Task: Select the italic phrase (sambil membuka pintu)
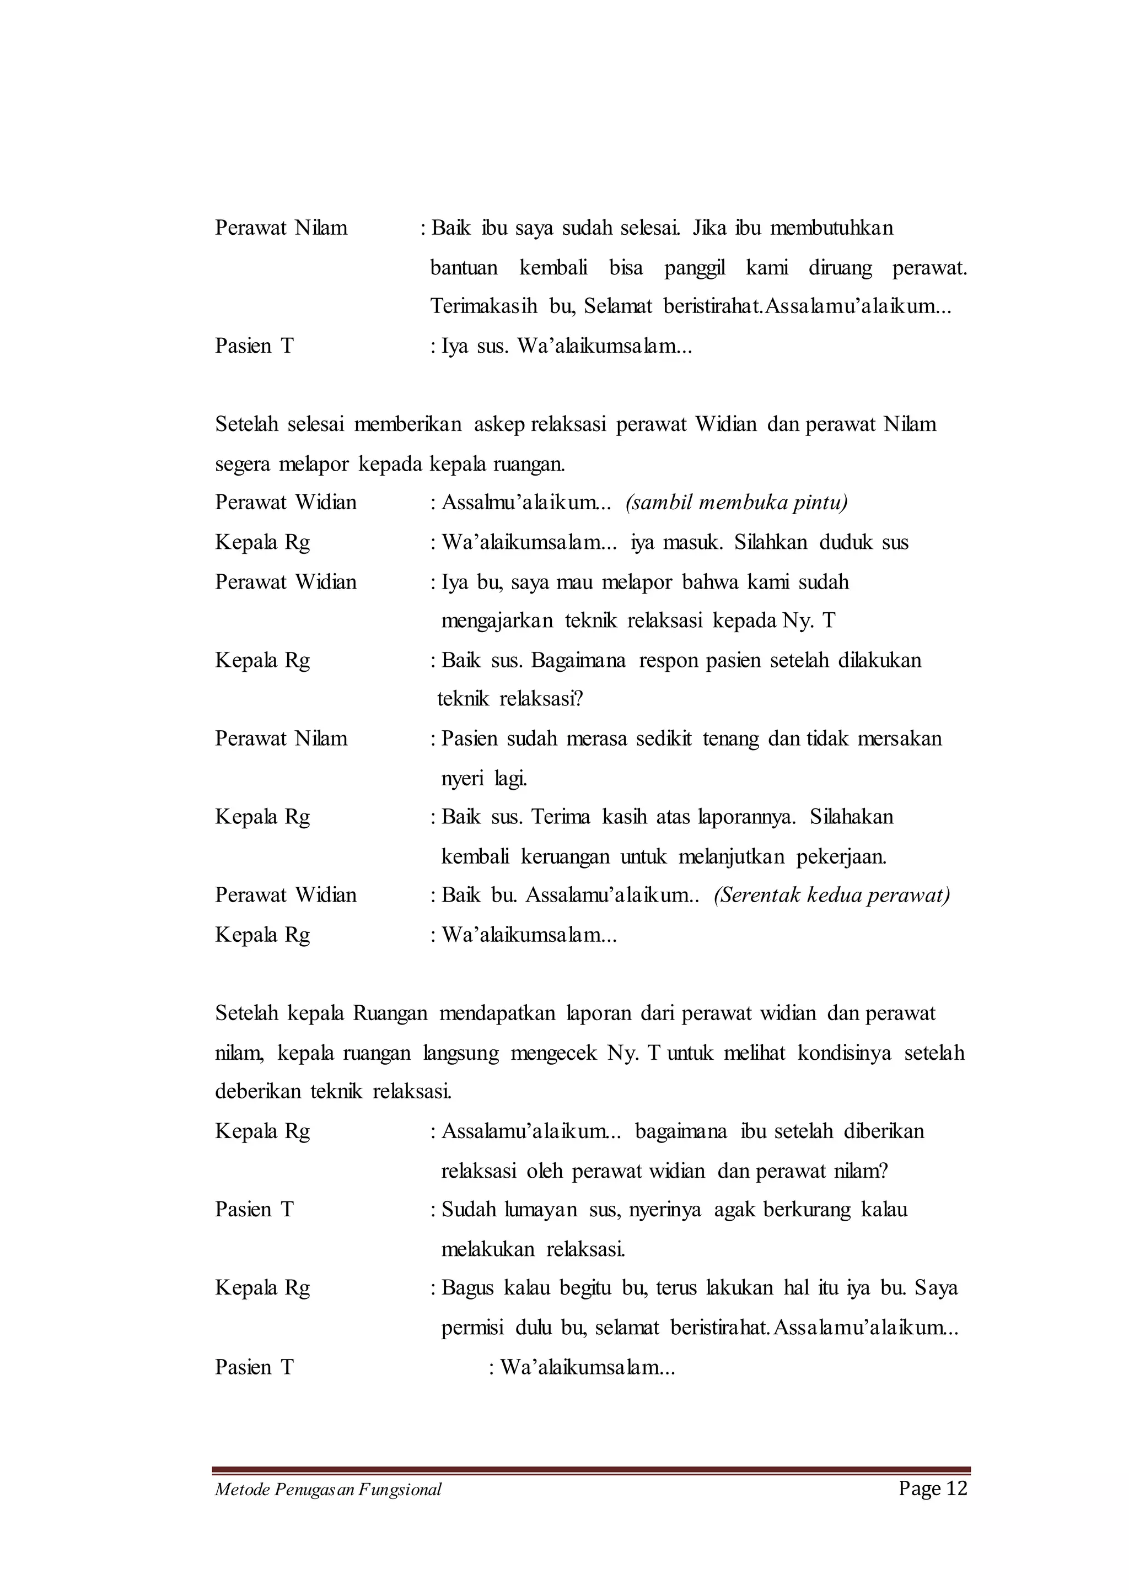[x=736, y=503]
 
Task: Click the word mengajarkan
[x=496, y=621]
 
